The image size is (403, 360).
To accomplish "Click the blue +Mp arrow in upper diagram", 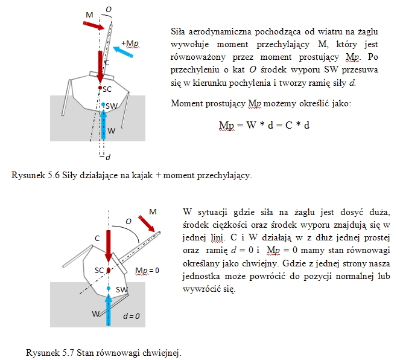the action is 123,52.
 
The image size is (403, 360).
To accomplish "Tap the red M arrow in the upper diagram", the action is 94,25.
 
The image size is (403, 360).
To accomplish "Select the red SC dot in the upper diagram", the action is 100,88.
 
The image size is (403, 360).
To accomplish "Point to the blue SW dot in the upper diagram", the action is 103,104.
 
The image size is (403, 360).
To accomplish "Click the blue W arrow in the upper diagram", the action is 103,124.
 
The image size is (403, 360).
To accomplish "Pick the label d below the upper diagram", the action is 108,157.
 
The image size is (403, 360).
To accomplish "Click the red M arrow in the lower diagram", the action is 146,223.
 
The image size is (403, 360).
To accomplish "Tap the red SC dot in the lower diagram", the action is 109,270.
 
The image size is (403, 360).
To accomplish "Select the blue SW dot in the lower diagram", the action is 109,289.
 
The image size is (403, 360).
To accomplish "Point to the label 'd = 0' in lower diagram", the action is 132,316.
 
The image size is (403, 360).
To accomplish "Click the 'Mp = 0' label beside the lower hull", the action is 147,271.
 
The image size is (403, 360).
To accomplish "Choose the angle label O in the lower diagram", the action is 129,221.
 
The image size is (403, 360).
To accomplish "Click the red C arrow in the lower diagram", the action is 109,246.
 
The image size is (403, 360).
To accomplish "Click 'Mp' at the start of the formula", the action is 226,126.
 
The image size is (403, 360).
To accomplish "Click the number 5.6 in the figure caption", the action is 54,175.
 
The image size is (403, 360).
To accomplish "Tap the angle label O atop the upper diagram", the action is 109,10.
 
